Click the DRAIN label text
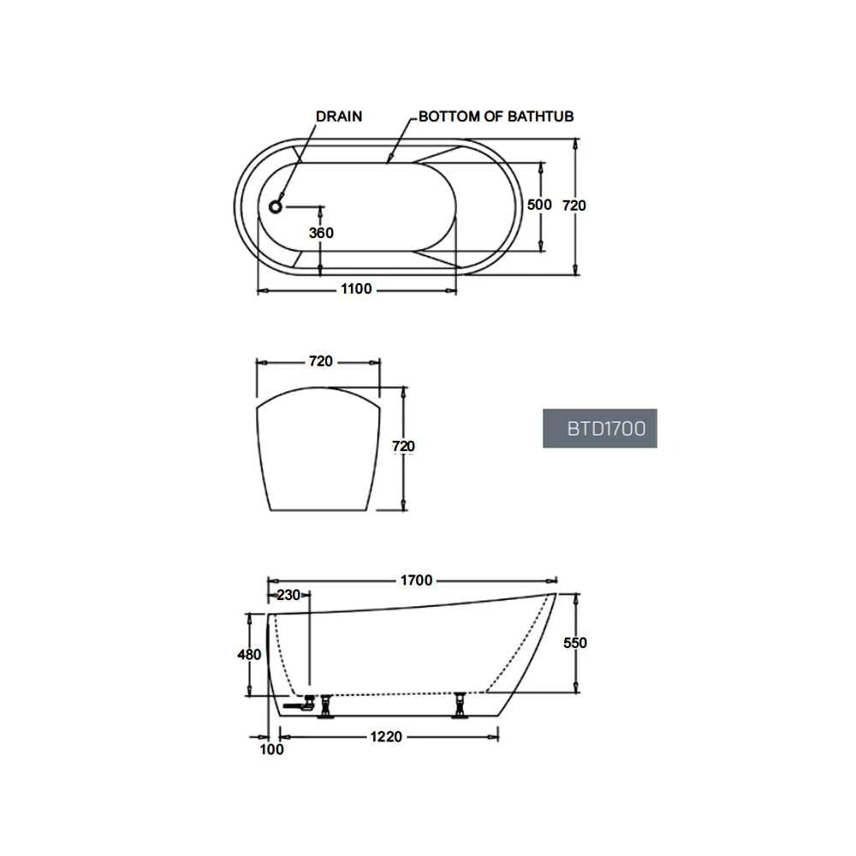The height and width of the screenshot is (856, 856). (339, 116)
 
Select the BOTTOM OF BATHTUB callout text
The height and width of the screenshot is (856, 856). (496, 116)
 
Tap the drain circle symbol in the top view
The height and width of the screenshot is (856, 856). (276, 206)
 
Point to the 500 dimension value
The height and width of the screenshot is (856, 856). (539, 205)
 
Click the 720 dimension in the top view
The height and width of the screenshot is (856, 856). (574, 205)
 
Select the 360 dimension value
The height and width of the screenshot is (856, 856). (321, 233)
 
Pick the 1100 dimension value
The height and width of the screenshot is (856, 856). (356, 289)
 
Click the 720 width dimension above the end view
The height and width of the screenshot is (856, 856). (319, 361)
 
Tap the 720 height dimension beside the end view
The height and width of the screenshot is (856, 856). (402, 446)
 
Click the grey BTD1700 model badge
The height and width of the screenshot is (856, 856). (599, 428)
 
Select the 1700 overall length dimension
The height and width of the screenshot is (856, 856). (416, 580)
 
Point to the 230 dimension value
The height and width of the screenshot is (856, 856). (288, 595)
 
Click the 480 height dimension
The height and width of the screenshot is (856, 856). (248, 655)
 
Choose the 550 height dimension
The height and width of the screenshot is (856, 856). (575, 643)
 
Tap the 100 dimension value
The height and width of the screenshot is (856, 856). (270, 750)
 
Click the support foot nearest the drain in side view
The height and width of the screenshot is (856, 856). (325, 707)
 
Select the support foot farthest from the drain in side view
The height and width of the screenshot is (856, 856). (461, 706)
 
